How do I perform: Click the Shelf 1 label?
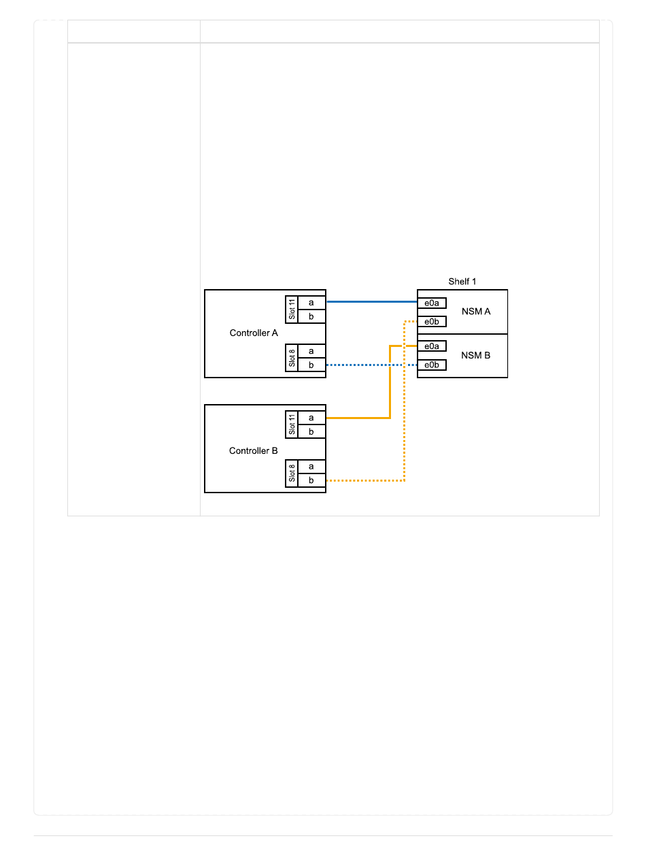point(462,282)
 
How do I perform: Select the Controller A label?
point(254,333)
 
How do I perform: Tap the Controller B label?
point(254,451)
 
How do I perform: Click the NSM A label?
point(476,312)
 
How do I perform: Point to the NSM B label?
point(476,355)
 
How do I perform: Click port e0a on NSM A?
point(432,303)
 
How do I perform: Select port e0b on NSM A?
point(432,322)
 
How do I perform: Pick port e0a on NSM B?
point(432,346)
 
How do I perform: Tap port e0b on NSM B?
point(432,365)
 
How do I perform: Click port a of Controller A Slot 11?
point(311,303)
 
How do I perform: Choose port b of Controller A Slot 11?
point(311,316)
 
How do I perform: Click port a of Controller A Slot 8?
point(311,351)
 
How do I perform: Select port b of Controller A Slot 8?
point(311,365)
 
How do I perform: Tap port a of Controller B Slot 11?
point(311,418)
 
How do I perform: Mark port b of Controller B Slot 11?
point(311,431)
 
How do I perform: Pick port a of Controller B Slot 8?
point(311,467)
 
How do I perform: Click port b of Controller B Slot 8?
point(311,480)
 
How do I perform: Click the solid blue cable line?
point(371,301)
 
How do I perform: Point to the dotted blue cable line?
point(371,365)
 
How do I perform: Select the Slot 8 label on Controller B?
point(292,473)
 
